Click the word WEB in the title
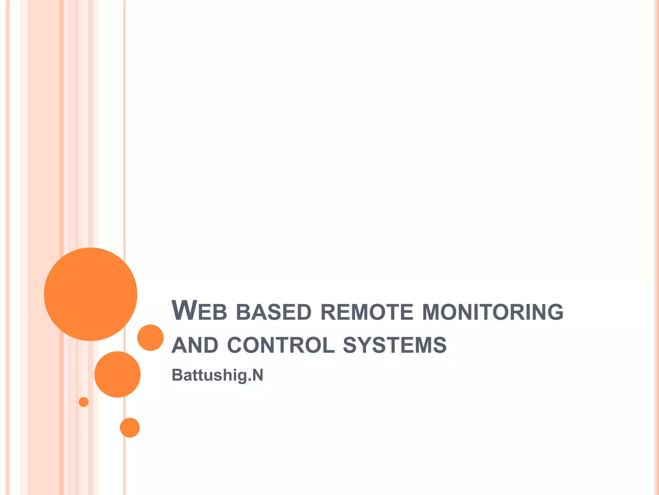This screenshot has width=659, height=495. click(200, 311)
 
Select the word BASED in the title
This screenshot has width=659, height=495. click(274, 312)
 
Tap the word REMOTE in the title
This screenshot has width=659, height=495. click(367, 312)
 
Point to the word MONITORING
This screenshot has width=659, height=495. click(493, 312)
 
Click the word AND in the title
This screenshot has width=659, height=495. click(195, 345)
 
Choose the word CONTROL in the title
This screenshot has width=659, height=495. click(281, 345)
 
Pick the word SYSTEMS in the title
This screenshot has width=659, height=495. click(395, 345)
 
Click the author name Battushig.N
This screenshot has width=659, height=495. click(218, 375)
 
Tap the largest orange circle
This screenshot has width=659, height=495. click(91, 294)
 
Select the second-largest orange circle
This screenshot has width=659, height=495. click(117, 374)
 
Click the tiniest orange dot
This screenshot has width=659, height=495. click(84, 402)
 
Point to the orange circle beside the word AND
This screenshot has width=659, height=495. click(150, 337)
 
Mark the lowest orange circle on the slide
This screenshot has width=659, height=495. click(130, 428)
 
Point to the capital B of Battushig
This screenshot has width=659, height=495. click(178, 375)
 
